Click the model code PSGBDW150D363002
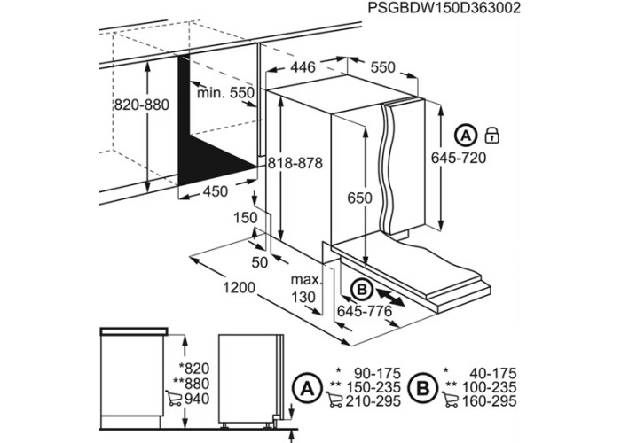click(x=444, y=8)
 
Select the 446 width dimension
click(x=303, y=67)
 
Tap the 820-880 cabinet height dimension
click(x=142, y=105)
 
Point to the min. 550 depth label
click(x=225, y=93)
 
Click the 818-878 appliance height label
click(x=295, y=162)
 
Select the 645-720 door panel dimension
click(x=459, y=158)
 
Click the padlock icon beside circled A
click(x=491, y=136)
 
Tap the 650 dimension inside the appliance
click(x=360, y=198)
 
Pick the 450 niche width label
click(x=216, y=191)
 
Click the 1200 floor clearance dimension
click(x=240, y=288)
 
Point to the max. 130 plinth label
click(x=306, y=288)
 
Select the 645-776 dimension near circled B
click(x=365, y=311)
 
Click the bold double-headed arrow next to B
click(x=390, y=297)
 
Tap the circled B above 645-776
click(x=361, y=290)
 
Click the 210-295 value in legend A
click(x=373, y=402)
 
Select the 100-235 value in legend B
click(x=490, y=387)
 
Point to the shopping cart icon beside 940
click(x=173, y=398)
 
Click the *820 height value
click(x=193, y=369)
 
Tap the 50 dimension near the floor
click(x=260, y=262)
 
